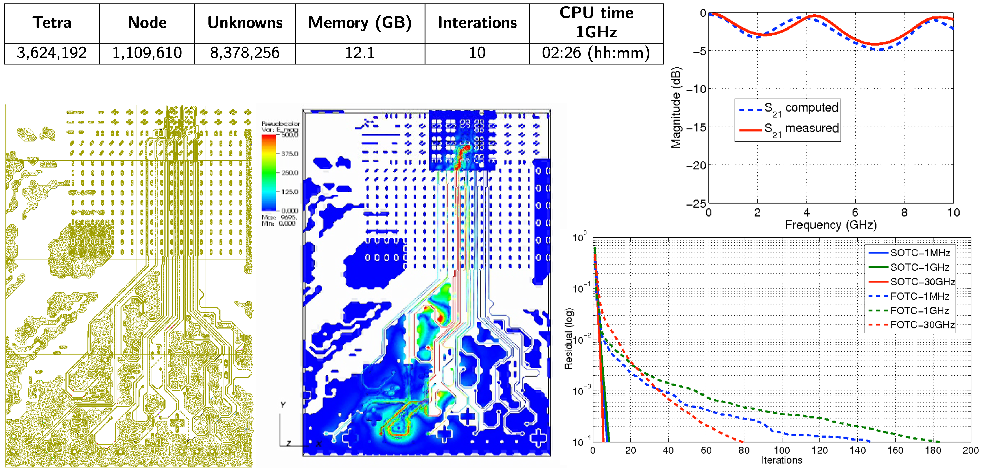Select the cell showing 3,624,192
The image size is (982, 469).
click(x=52, y=53)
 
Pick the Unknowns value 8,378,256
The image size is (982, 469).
click(x=245, y=53)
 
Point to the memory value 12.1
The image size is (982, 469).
click(x=360, y=53)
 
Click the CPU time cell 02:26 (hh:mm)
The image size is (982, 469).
click(x=596, y=53)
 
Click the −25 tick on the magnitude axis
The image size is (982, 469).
click(x=696, y=204)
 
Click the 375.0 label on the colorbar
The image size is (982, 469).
click(x=290, y=154)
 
